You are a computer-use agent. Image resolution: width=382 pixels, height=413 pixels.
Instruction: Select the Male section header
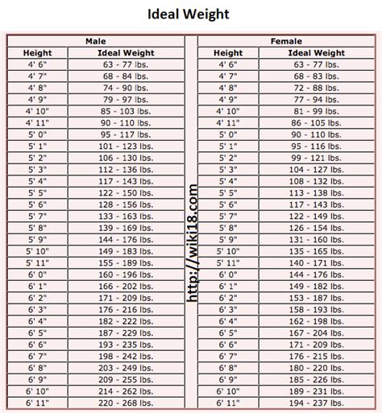94,40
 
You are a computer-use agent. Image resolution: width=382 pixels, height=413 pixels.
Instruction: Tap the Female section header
286,40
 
